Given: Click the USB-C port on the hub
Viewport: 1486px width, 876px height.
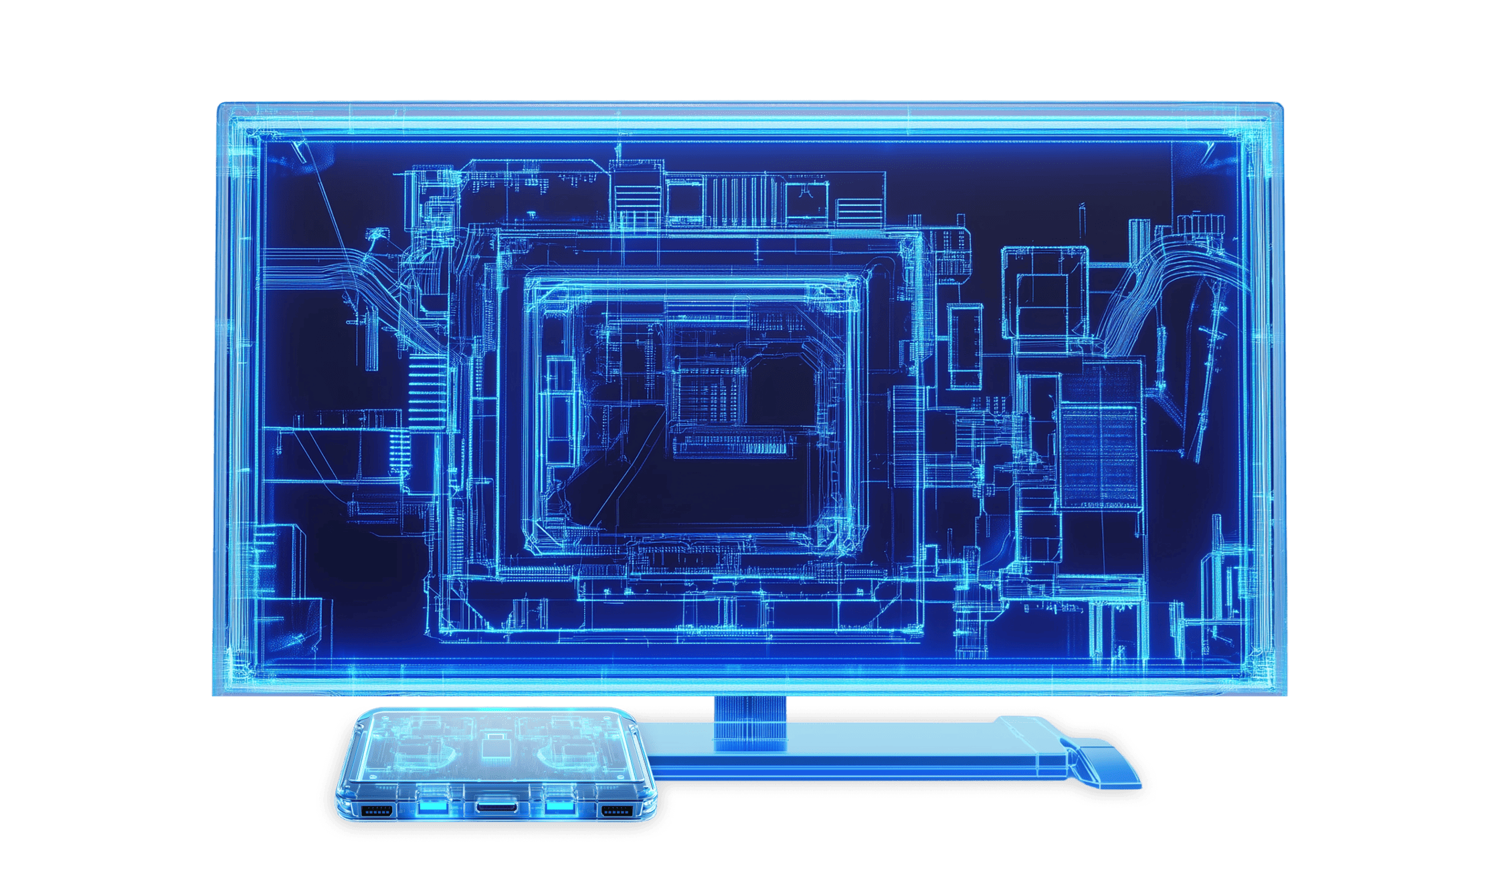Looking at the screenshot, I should pos(496,807).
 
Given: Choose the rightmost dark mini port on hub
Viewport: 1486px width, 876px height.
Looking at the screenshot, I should pos(616,812).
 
